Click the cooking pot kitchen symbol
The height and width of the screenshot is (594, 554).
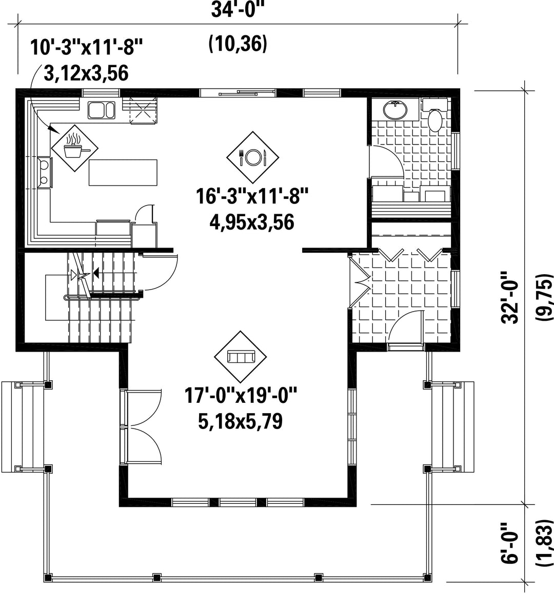[75, 148]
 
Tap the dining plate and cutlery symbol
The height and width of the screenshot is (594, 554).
[252, 157]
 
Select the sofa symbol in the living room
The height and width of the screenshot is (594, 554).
[241, 357]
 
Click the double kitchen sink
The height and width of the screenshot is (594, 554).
[102, 110]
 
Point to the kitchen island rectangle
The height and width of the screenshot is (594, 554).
[123, 172]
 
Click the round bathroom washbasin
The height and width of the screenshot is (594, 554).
[395, 110]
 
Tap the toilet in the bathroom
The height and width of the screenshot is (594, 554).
[435, 115]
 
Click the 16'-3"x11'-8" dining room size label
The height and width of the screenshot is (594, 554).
[252, 196]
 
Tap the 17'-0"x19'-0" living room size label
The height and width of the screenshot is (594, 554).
[241, 396]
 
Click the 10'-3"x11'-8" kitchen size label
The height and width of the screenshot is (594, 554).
[86, 48]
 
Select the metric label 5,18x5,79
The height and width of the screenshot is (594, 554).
[241, 421]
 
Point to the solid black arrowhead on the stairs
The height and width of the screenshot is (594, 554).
[95, 273]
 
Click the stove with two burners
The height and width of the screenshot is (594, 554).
[45, 172]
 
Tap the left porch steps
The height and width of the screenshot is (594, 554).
[23, 427]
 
